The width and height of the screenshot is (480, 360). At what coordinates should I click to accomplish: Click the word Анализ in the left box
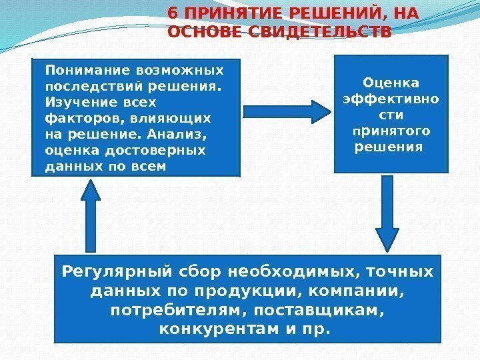pyautogui.click(x=183, y=134)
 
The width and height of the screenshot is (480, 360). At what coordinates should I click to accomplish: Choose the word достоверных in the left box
pyautogui.click(x=166, y=150)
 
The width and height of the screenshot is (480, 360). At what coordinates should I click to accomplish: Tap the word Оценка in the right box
pyautogui.click(x=391, y=83)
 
